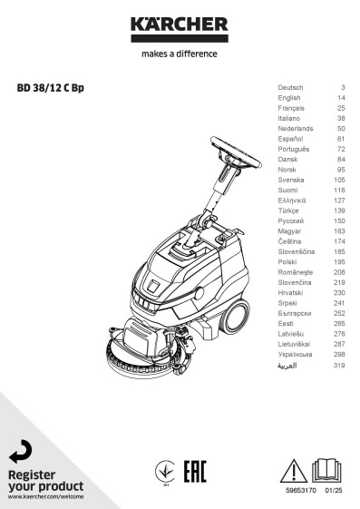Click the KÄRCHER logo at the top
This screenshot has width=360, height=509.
180,29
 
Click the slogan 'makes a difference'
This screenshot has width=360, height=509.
180,54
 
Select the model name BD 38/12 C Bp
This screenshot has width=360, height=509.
50,88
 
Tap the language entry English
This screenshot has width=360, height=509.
289,98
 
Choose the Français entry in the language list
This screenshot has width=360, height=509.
291,108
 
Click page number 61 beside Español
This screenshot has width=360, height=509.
341,139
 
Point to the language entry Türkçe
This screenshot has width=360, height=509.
288,210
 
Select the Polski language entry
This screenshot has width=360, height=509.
287,262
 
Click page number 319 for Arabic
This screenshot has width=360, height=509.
339,366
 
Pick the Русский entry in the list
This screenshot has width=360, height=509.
290,221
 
